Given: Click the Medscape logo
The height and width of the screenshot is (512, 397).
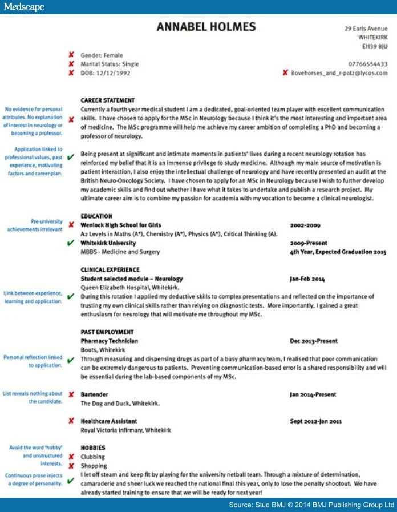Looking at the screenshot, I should pos(23,7).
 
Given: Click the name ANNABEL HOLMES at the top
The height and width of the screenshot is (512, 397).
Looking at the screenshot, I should pos(206,27).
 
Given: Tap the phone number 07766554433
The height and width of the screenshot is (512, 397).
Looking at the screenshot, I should pos(367,64).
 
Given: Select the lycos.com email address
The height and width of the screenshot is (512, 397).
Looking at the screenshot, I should pos(339,73).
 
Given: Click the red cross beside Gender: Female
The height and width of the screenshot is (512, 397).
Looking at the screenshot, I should pos(71,55).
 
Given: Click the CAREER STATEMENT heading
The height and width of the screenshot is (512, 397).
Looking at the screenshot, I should pos(108,100).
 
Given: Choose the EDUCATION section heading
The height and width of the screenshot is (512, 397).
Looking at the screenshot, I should pos(96,216).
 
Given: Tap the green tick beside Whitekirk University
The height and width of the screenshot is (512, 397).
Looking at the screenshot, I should pos(71,243).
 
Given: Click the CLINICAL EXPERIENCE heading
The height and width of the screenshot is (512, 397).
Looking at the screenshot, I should pos(110,269).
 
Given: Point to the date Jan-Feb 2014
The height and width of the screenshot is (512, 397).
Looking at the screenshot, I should pos(307,279).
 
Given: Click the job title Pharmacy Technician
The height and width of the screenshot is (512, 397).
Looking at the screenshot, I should pos(110,341).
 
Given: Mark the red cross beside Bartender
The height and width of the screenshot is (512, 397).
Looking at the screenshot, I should pos(71,394).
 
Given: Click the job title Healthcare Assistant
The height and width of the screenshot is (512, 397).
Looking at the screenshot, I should pos(108,421).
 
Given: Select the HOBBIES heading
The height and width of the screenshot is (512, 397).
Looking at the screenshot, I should pos(92,448).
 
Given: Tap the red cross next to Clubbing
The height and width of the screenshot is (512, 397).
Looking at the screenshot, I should pos(71,457).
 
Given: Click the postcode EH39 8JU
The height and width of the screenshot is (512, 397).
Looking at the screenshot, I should pos(375,46).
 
